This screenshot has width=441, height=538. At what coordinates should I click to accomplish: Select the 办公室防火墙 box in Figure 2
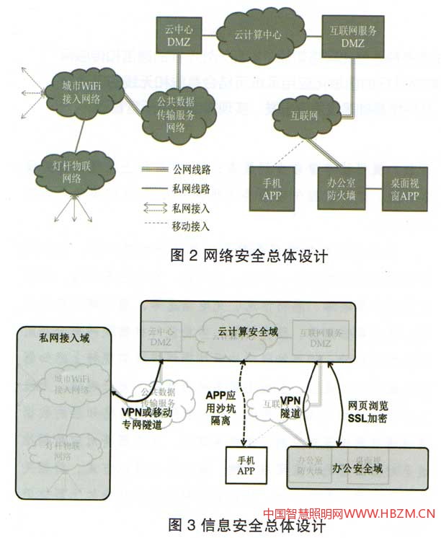pyautogui.click(x=342, y=190)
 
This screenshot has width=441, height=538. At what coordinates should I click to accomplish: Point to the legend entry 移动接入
pyautogui.click(x=192, y=226)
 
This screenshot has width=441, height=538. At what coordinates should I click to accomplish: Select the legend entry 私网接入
pyautogui.click(x=192, y=208)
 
